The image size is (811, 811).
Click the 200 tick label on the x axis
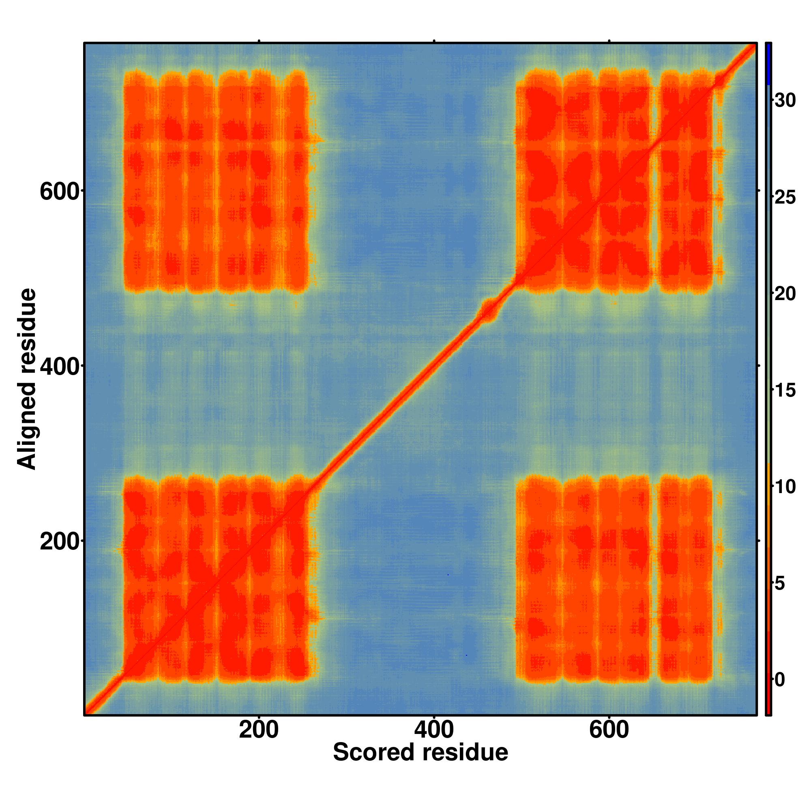(x=259, y=730)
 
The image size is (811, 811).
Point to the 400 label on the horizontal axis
(x=433, y=730)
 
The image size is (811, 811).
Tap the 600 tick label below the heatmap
(x=609, y=730)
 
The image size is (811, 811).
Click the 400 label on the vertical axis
(x=59, y=367)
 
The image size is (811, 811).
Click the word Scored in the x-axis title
(x=375, y=752)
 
